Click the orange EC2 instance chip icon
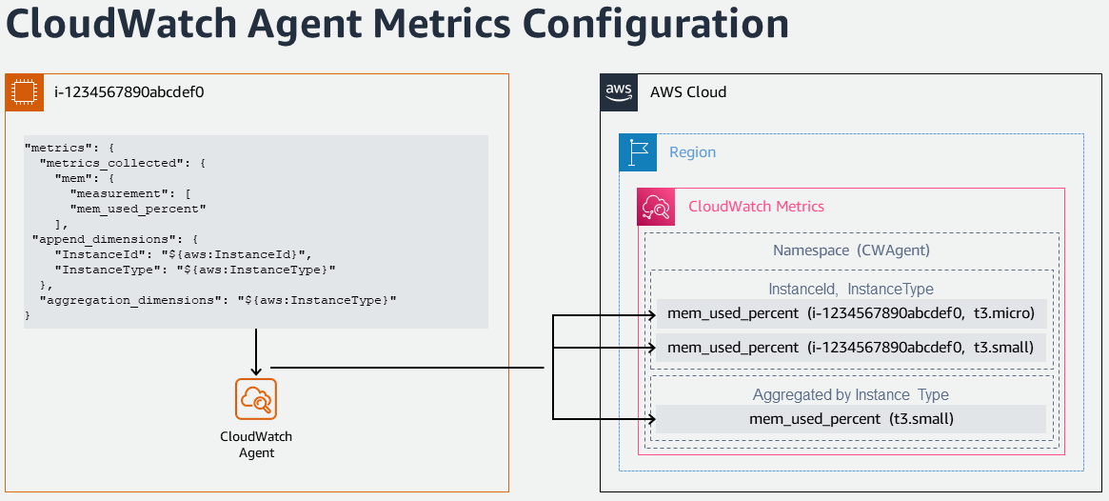[24, 92]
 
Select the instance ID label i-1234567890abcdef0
[129, 92]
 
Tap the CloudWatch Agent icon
[256, 399]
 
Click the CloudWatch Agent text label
[256, 445]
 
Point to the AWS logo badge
[619, 92]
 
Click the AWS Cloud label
[688, 92]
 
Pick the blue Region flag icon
[638, 152]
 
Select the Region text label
[692, 152]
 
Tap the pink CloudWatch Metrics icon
[656, 207]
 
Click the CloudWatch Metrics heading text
[756, 207]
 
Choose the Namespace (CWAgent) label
[851, 250]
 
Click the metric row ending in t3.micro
[852, 314]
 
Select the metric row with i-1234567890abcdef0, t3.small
[852, 348]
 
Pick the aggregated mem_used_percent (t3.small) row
[852, 419]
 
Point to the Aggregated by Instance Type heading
[851, 394]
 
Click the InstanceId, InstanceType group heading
[851, 289]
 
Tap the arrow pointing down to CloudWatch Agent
[256, 351]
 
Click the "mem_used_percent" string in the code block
[138, 209]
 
